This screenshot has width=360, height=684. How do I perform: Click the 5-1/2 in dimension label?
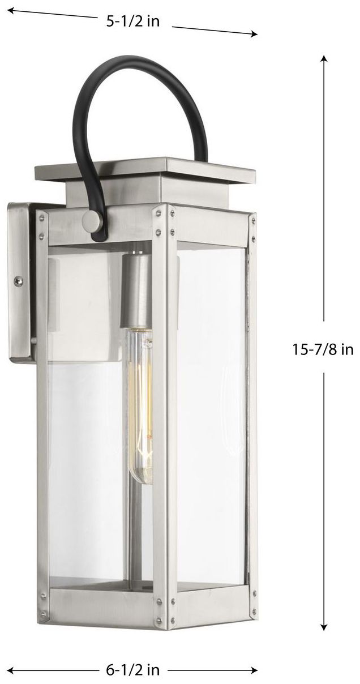133,22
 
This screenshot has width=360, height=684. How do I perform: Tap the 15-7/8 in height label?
323,349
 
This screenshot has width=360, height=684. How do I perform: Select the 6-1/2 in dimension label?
133,669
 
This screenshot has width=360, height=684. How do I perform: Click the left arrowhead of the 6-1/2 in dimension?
11,669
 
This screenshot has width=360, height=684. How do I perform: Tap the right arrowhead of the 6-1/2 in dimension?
253,669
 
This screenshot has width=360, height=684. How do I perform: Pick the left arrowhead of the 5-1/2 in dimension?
11,11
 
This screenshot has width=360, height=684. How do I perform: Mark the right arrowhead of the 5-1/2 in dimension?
253,34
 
